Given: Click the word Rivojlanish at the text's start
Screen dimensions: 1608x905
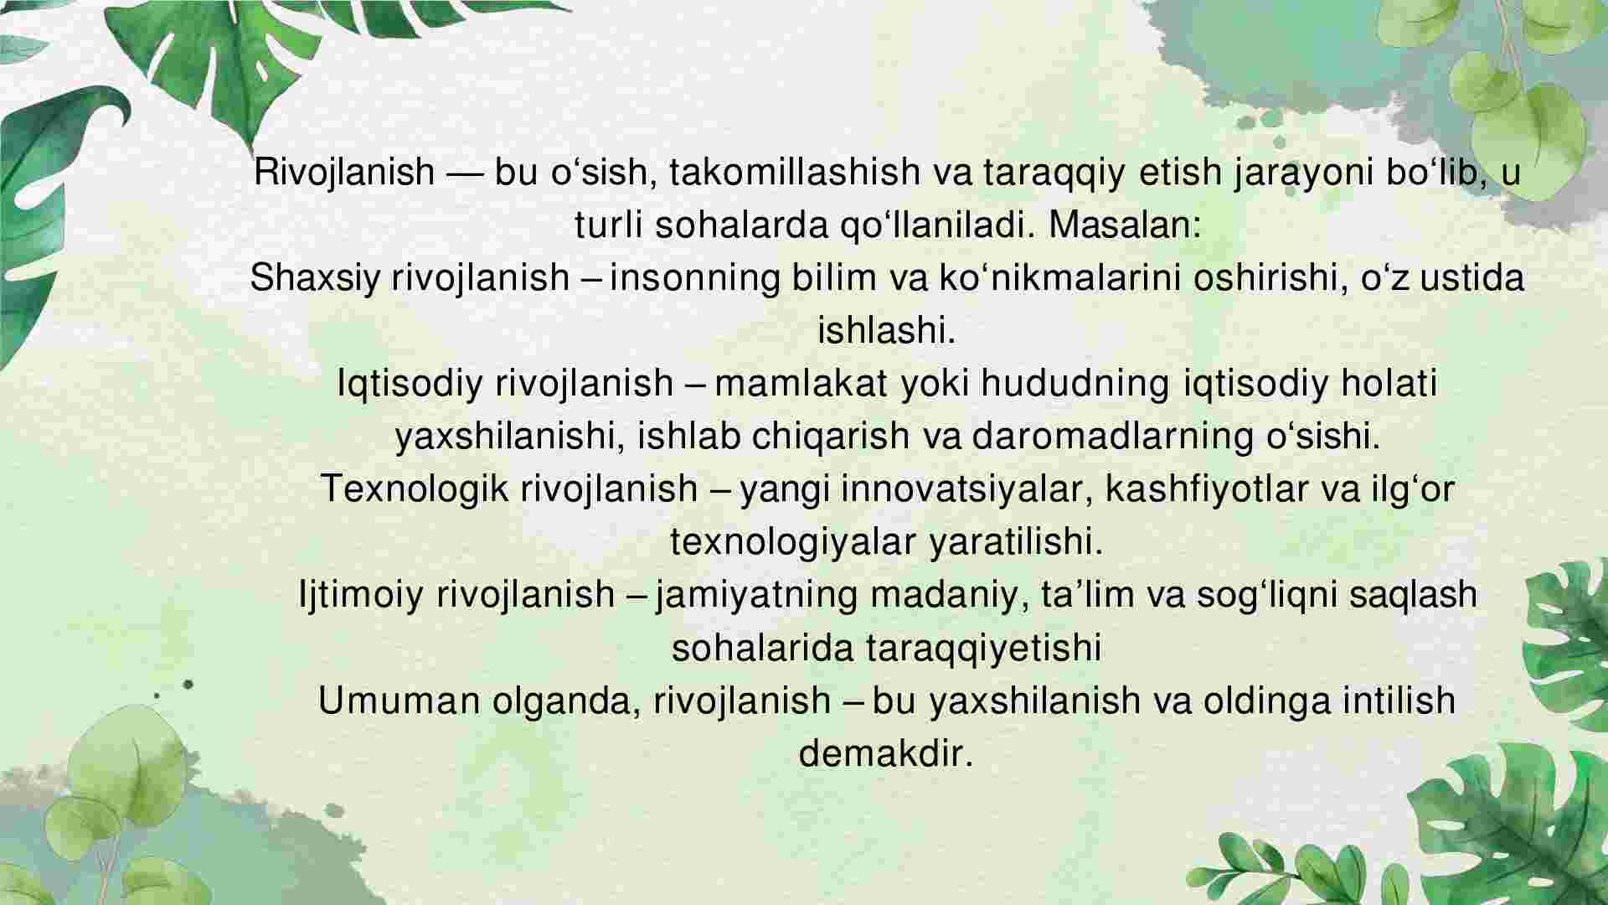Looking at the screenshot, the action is tap(344, 172).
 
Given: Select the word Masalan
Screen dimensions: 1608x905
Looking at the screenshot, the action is tap(1120, 225).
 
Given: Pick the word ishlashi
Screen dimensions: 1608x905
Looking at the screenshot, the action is tap(886, 330).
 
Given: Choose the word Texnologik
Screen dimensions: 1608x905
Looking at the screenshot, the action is tap(415, 490).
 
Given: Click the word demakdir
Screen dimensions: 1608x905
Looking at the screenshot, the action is tap(886, 752).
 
